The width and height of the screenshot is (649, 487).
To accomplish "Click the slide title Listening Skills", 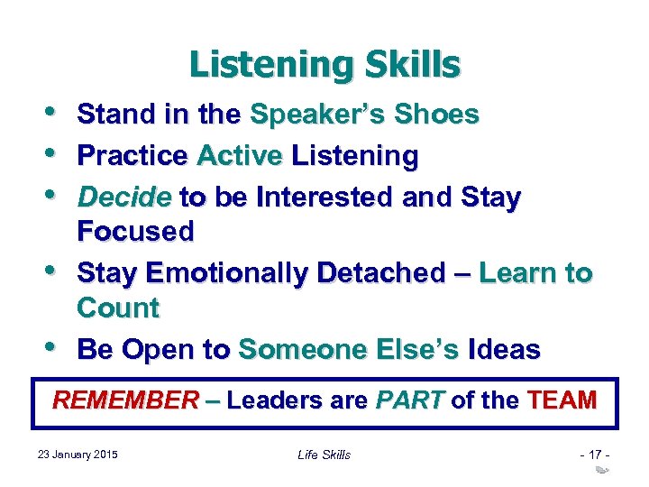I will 324,65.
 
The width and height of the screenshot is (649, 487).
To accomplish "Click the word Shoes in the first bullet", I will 440,115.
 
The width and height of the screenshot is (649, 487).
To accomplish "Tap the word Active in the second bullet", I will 240,157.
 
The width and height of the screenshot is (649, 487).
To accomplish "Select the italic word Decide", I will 123,197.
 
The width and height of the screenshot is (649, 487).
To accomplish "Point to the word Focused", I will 135,232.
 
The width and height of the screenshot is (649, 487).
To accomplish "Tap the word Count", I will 118,308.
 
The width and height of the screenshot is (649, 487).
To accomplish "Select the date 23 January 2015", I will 78,454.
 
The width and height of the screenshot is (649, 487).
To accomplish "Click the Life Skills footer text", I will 324,455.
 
